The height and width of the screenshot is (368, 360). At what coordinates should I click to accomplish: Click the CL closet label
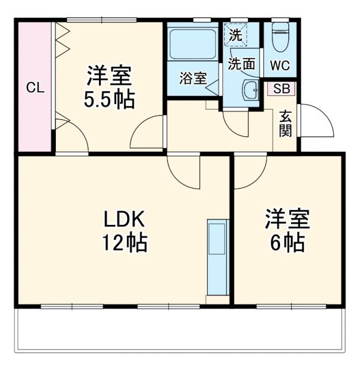coord(35,88)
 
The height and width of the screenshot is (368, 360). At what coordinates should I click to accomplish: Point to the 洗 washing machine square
coord(235,34)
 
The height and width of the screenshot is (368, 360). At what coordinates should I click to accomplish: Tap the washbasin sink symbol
coord(250,90)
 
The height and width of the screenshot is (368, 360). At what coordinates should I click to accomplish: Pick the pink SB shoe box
coord(282,89)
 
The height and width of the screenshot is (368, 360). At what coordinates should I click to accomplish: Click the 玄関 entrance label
coord(286,122)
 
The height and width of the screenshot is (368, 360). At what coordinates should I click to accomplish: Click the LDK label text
coord(125,220)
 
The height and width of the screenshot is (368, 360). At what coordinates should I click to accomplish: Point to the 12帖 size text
coord(125,243)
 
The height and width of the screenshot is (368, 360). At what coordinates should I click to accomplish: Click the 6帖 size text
coord(288,243)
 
